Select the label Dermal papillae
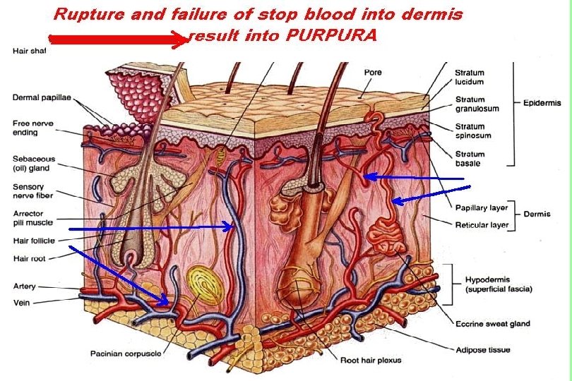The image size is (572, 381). pos(42,97)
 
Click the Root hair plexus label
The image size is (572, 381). pos(371,361)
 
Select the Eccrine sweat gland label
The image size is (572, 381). pos(493,324)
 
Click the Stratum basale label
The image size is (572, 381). pos(470,158)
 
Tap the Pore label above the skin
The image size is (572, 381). pos(373,72)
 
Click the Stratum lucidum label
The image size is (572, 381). pos(469,77)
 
